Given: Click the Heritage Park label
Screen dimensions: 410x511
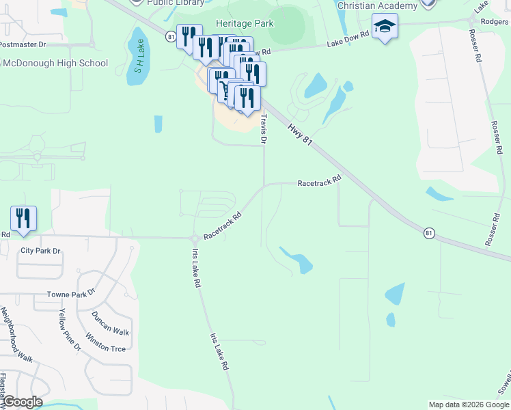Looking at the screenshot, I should click(x=245, y=23).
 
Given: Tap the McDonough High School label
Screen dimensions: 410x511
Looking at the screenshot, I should click(x=54, y=64).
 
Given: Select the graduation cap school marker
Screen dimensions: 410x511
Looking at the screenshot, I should click(x=385, y=28).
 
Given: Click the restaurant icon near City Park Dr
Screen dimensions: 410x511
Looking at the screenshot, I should click(x=24, y=219).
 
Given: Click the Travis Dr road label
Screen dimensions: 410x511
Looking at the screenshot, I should click(x=264, y=128).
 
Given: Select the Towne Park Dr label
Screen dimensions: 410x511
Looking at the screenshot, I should click(x=71, y=295).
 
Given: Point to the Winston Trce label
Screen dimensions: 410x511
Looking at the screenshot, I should click(x=105, y=342).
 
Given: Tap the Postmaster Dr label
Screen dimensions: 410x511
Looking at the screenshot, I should click(x=23, y=44).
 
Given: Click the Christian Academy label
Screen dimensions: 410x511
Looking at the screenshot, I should click(x=377, y=6).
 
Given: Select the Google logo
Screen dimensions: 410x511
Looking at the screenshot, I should click(x=22, y=402).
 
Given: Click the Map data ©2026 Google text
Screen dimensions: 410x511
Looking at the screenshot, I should click(x=468, y=405).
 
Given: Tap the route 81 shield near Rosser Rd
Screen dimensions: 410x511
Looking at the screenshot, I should click(x=428, y=233).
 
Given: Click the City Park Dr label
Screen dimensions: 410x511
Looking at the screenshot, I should click(x=40, y=251).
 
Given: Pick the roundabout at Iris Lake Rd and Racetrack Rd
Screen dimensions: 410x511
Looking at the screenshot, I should click(x=194, y=238).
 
